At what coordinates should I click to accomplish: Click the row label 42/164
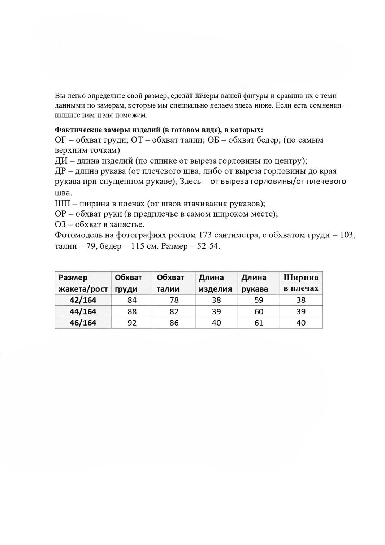[83, 300]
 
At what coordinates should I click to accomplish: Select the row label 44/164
[83, 311]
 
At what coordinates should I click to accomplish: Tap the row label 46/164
[83, 323]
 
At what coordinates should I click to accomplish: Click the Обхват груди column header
[128, 283]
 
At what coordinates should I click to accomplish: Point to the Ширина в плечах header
[301, 283]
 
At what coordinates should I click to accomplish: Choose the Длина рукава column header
[255, 283]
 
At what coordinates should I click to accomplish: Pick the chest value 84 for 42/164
[132, 300]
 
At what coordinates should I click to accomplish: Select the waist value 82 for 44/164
[174, 311]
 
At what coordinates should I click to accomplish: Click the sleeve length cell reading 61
[259, 323]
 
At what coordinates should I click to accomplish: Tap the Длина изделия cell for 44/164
[216, 311]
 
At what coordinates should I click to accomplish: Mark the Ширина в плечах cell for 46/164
[301, 323]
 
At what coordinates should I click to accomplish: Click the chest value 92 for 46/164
[132, 323]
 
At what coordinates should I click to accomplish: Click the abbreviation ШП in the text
[61, 203]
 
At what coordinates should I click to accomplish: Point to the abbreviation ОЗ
[60, 224]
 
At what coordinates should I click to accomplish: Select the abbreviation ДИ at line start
[61, 161]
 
